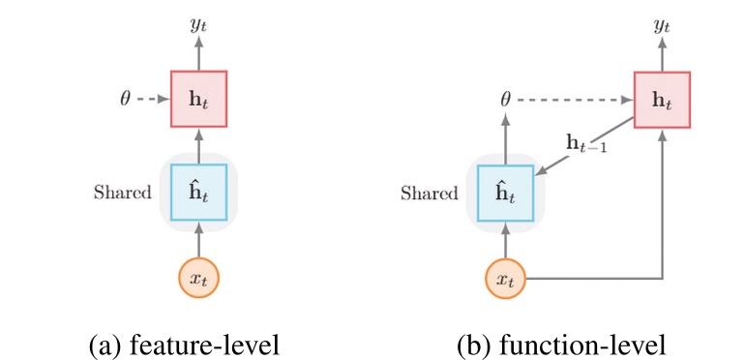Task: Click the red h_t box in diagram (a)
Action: [x=198, y=99]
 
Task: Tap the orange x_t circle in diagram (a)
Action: [x=198, y=279]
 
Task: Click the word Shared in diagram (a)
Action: [x=122, y=192]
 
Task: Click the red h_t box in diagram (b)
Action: [x=662, y=99]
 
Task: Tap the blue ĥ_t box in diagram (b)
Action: [x=505, y=193]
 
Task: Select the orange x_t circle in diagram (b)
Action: [x=505, y=281]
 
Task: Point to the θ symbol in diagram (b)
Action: [x=505, y=99]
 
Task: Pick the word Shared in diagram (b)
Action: [x=429, y=194]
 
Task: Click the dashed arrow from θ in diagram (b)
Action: [x=576, y=99]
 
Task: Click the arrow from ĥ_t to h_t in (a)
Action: [x=198, y=145]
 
